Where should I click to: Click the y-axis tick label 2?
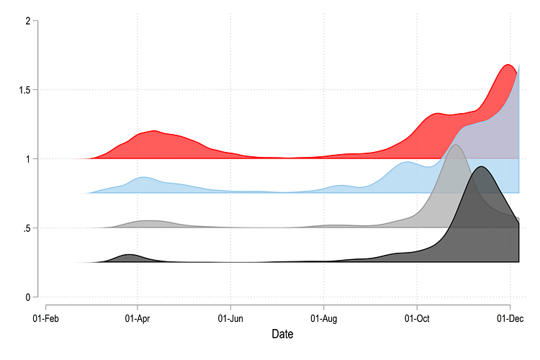[27, 21]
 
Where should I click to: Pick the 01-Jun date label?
[230, 317]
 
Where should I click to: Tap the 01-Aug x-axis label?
[323, 317]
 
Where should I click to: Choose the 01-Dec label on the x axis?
[509, 317]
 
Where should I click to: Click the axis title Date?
[282, 334]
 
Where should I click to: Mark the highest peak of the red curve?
[508, 65]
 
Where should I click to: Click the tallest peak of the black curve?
[480, 167]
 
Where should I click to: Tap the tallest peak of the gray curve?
[455, 145]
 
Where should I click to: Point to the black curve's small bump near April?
[129, 255]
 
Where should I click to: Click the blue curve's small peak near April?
[143, 176]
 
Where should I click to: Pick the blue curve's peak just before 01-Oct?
[408, 162]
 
